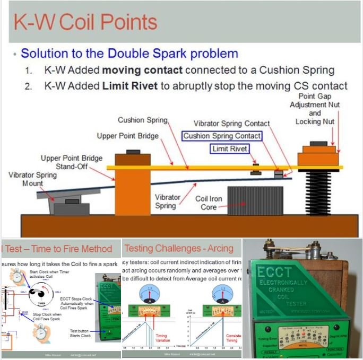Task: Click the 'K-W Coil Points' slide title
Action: tap(85, 22)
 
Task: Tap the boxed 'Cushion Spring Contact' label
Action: tap(222, 136)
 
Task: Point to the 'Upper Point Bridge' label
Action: tap(127, 136)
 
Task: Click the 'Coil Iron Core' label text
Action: tap(209, 203)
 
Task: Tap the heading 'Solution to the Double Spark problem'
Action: tap(129, 54)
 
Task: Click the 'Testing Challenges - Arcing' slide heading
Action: tap(179, 248)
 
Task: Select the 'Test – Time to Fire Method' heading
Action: tap(58, 249)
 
